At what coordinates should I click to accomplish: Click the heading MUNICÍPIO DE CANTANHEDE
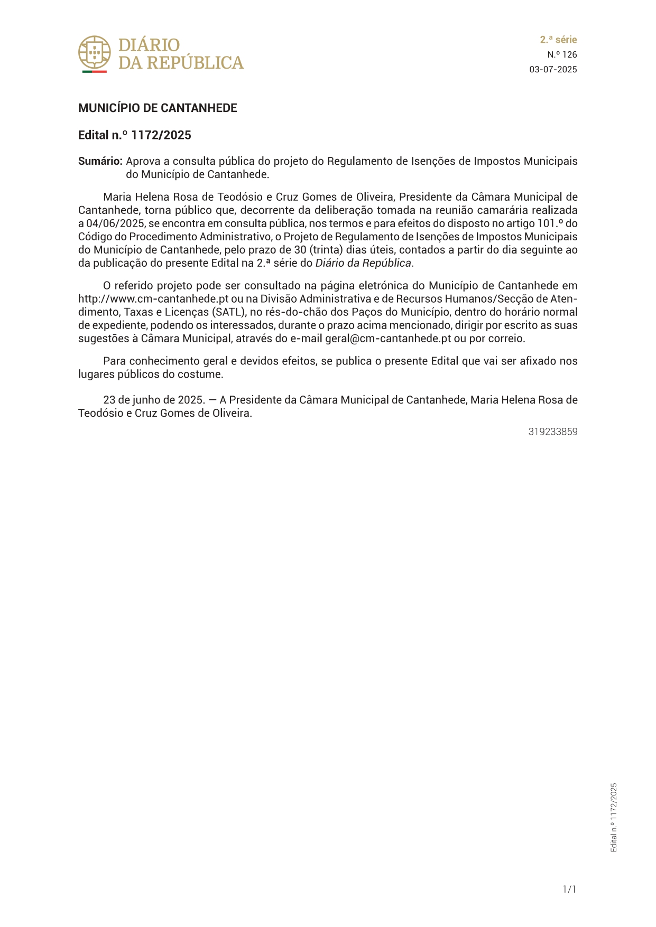click(x=158, y=108)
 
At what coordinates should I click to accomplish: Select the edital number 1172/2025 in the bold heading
click(x=161, y=135)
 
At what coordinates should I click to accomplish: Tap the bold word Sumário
click(x=100, y=161)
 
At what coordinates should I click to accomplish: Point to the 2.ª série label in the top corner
click(x=558, y=40)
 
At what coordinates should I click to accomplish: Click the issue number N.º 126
click(x=562, y=54)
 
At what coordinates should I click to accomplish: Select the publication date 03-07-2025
click(x=553, y=70)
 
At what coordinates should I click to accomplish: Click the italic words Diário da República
click(x=363, y=263)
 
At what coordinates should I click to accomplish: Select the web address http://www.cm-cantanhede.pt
click(x=153, y=299)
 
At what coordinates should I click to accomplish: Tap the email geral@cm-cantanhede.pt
click(x=388, y=339)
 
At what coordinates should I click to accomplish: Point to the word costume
click(x=203, y=374)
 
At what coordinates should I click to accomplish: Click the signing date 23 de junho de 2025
click(x=153, y=400)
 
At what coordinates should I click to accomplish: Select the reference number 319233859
click(x=553, y=432)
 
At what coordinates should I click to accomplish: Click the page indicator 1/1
click(x=569, y=889)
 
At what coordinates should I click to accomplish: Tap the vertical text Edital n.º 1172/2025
click(x=614, y=817)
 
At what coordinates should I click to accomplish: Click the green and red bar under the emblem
click(x=95, y=71)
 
